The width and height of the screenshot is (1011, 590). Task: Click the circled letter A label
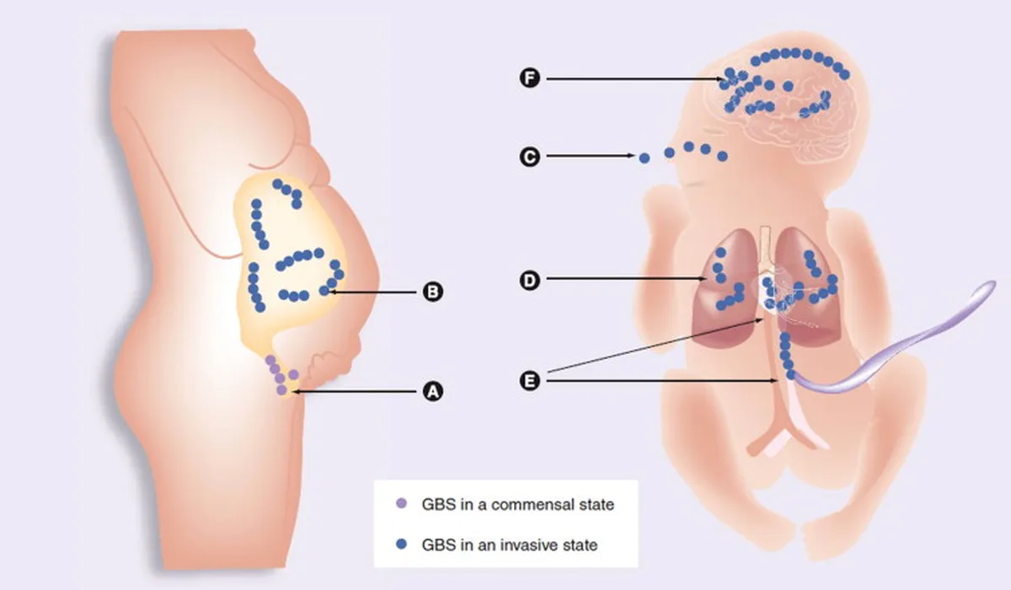[433, 391]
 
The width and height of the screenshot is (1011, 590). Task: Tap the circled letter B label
[433, 292]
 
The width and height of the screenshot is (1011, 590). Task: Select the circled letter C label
[530, 157]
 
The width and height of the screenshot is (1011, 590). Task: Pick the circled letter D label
[530, 280]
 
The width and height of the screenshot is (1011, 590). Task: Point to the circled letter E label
[530, 380]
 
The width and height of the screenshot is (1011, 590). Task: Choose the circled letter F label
[530, 78]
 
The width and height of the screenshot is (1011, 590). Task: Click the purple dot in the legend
[401, 503]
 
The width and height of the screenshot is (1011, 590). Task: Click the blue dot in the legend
[401, 544]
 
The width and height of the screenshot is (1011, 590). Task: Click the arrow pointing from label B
[372, 292]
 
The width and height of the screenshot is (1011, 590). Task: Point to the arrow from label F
[635, 79]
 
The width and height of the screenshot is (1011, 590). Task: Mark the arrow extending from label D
[627, 279]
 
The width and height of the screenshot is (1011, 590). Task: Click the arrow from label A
[355, 392]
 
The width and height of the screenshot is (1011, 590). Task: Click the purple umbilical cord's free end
[990, 285]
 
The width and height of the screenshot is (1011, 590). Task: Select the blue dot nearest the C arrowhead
[645, 158]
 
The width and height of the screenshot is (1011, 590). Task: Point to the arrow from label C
[591, 156]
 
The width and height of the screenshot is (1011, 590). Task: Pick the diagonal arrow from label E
[655, 346]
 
